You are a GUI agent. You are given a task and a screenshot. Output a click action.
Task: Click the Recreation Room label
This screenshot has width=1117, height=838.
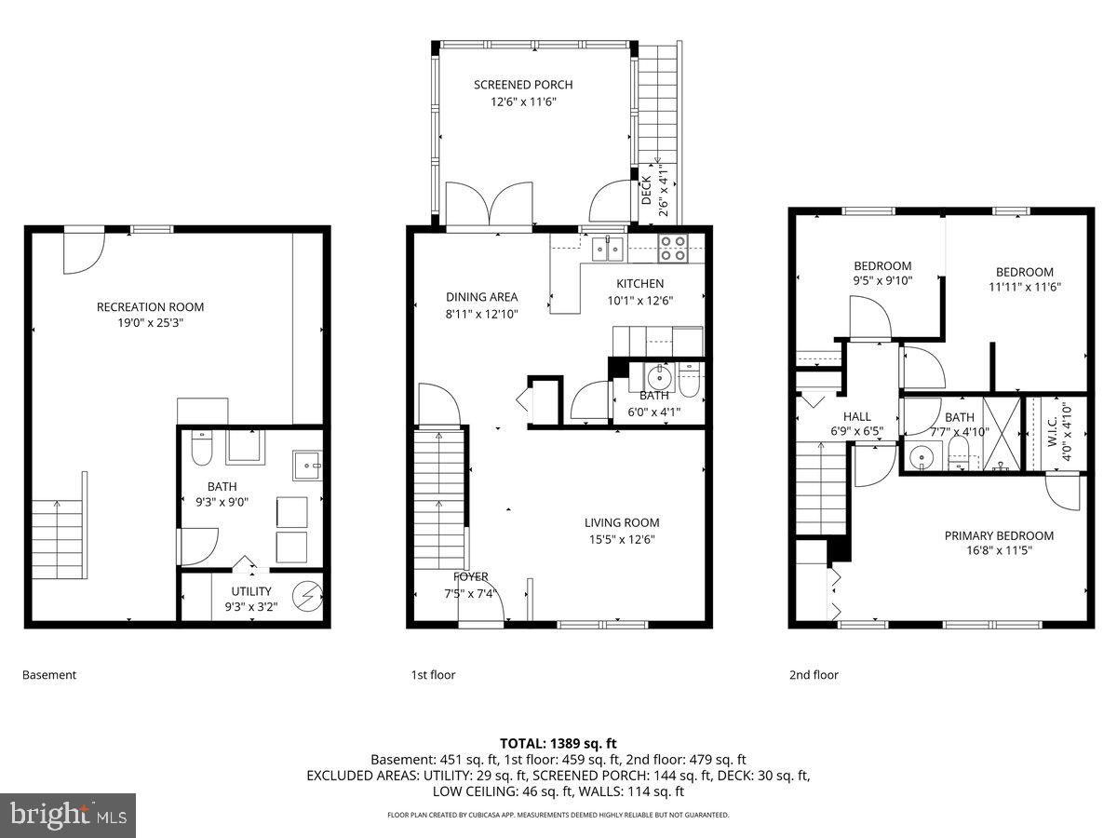tap(150, 306)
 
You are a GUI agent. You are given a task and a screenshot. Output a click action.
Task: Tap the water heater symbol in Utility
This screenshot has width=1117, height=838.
tap(305, 596)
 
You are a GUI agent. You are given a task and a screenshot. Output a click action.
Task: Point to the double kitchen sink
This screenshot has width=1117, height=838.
tap(609, 248)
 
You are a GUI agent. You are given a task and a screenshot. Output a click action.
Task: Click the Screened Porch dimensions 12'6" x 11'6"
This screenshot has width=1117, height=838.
tap(522, 102)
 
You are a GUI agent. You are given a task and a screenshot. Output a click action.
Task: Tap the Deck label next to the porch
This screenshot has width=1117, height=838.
tap(647, 191)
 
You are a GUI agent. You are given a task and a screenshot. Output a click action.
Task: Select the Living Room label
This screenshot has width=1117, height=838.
tap(622, 522)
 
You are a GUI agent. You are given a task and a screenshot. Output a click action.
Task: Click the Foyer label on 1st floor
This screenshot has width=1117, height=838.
tap(471, 576)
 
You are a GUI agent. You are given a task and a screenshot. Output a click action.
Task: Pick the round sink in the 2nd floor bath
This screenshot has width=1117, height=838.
tap(922, 456)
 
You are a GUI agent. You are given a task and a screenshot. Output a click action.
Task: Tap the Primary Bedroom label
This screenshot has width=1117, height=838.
tap(999, 535)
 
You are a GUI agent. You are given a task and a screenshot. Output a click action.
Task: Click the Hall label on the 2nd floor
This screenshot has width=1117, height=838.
tap(857, 416)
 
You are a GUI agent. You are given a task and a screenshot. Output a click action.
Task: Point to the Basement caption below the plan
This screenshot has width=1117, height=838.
tap(49, 675)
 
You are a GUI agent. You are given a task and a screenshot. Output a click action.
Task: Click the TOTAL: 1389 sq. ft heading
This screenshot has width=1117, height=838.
tap(558, 743)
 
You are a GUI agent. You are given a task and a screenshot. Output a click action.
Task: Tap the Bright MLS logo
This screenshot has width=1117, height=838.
tap(68, 816)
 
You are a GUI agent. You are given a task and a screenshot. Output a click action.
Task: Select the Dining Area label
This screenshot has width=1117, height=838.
tap(481, 297)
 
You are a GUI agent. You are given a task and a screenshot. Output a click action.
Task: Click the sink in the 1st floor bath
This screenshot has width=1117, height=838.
tap(660, 377)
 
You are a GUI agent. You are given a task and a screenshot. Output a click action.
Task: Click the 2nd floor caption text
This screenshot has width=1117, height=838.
tap(814, 675)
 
